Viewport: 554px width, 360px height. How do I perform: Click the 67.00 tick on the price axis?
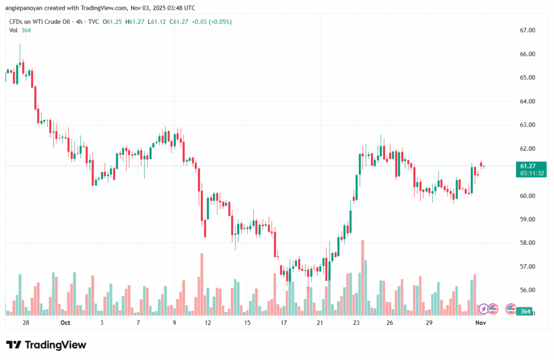click(x=527, y=30)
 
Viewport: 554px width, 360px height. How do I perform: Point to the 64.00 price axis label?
click(x=527, y=101)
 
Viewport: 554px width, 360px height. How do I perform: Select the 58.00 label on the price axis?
click(x=527, y=243)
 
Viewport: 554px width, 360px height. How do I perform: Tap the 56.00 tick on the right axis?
click(x=527, y=290)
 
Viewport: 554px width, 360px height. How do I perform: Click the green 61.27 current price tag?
click(x=527, y=166)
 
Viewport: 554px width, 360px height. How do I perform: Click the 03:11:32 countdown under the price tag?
click(x=532, y=173)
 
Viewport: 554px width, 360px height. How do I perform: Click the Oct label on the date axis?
click(x=65, y=323)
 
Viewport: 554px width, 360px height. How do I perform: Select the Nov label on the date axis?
click(x=480, y=323)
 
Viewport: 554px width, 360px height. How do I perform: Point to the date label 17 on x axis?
click(x=283, y=323)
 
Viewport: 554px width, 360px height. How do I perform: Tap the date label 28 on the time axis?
click(x=26, y=323)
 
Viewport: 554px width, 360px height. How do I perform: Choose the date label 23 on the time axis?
click(x=356, y=323)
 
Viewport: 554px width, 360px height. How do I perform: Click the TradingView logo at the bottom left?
click(x=45, y=345)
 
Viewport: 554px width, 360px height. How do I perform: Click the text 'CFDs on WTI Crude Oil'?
click(x=41, y=21)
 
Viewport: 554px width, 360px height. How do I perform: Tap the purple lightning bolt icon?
click(x=483, y=309)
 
